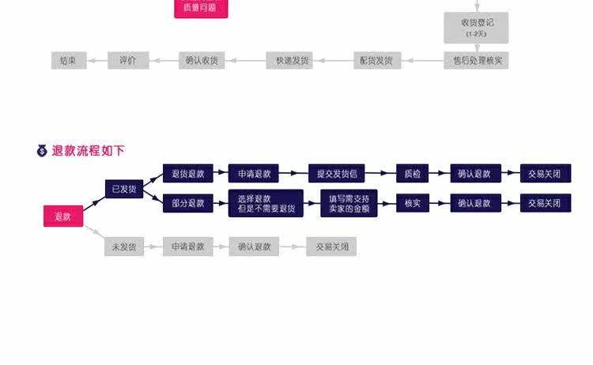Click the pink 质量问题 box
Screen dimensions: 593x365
201,9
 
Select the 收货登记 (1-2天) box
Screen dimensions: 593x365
476,28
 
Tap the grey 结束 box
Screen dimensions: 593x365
68,60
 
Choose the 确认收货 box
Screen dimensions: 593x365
202,60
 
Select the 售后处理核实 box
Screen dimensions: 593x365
476,60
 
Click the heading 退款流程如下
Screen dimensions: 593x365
89,150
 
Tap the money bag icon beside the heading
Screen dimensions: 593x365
43,150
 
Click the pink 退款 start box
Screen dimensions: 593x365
63,216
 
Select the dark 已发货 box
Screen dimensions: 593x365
124,189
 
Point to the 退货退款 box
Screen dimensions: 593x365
188,173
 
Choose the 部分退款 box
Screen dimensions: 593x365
188,203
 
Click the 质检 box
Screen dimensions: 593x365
412,173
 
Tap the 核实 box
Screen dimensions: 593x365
412,203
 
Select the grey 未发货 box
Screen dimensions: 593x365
124,246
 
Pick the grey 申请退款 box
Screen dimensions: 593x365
188,246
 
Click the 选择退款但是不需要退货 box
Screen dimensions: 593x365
266,203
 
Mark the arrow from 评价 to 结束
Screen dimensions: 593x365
96,60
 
